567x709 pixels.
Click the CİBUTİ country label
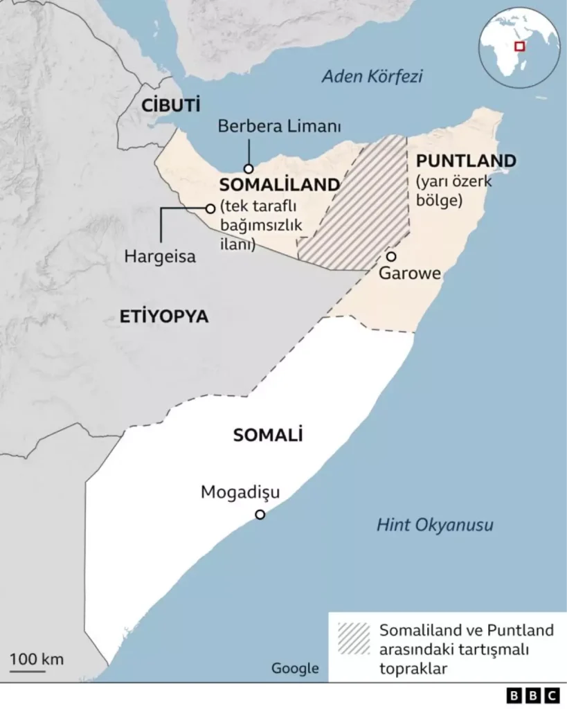[x=170, y=105]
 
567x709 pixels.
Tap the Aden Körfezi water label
[x=372, y=76]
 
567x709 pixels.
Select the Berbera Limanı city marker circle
[x=248, y=168]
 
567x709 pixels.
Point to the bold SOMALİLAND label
[x=279, y=186]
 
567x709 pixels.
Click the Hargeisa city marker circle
[x=210, y=208]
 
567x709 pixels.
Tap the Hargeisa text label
[x=160, y=256]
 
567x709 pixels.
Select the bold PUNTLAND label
[x=465, y=161]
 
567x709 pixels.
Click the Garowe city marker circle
[x=391, y=257]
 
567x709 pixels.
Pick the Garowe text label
[x=410, y=273]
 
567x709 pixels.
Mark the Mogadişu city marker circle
[x=260, y=514]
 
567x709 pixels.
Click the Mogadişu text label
[x=240, y=492]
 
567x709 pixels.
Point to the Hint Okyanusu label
[x=435, y=525]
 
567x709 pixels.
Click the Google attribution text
[x=295, y=668]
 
